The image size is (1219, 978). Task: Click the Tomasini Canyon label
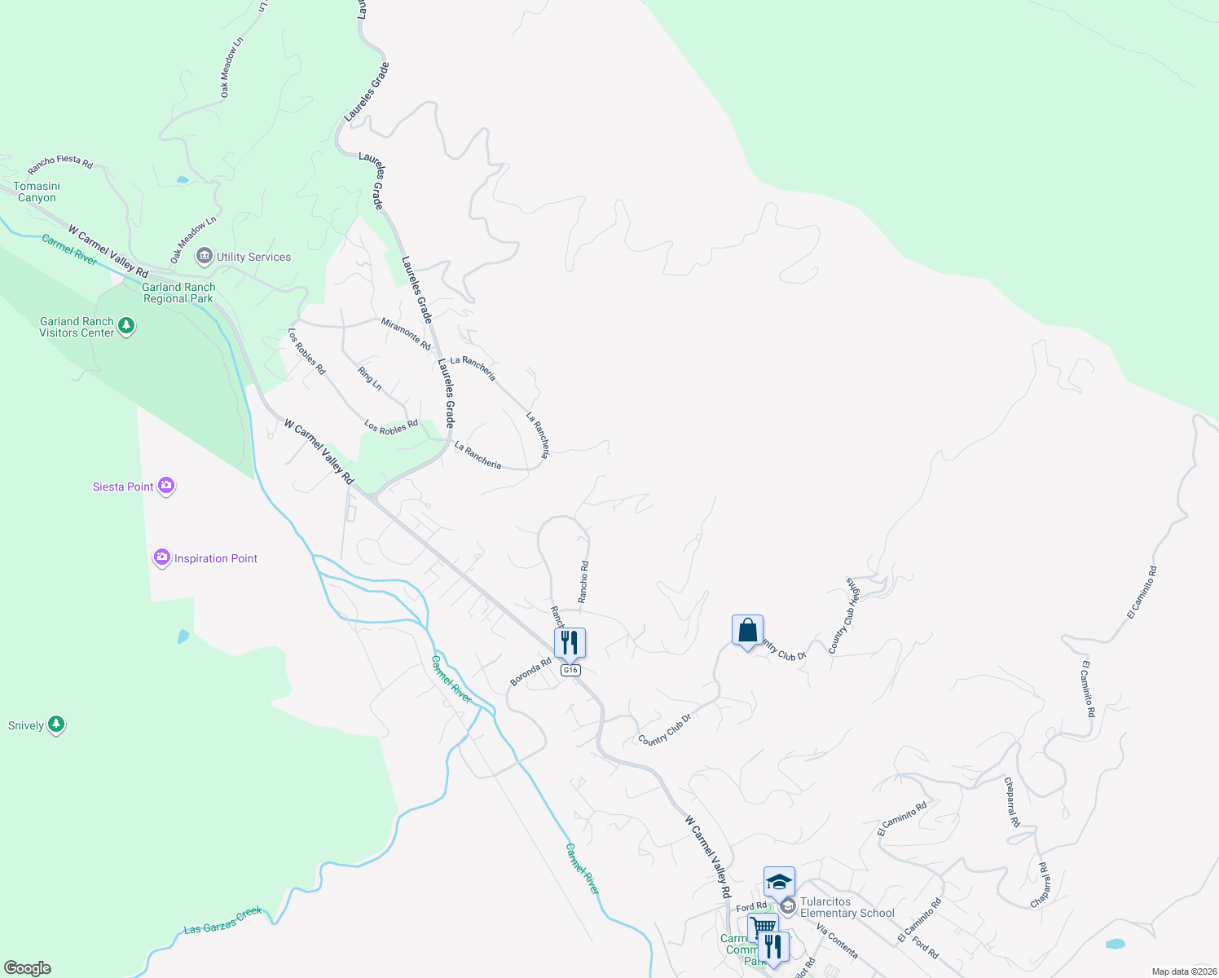[37, 192]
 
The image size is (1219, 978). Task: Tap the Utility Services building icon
[204, 257]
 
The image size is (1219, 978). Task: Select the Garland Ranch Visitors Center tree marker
[125, 327]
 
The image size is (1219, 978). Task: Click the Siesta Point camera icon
[166, 486]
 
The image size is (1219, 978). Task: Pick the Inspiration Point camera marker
[161, 557]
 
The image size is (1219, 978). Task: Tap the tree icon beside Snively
[56, 725]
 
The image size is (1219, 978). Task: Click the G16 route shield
[570, 670]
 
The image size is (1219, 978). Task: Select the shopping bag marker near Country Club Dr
[747, 631]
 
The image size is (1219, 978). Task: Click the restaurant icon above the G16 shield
[570, 642]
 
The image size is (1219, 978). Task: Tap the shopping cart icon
[763, 927]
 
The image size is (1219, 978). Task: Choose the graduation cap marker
[779, 882]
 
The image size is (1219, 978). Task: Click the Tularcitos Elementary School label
[847, 907]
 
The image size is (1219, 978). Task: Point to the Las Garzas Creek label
[222, 920]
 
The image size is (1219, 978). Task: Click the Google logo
[28, 967]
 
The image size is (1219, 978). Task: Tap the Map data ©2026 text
[1183, 971]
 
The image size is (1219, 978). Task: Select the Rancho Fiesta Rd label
[60, 165]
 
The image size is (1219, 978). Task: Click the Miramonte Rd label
[406, 333]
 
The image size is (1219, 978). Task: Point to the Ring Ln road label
[369, 377]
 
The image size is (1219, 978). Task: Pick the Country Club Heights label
[844, 615]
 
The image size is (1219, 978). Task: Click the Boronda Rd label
[530, 672]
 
